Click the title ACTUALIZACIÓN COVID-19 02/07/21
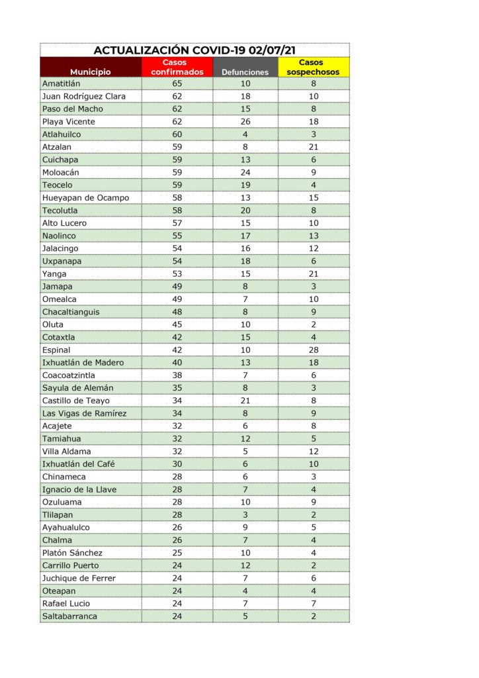(194, 50)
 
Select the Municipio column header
(91, 72)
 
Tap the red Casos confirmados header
(177, 67)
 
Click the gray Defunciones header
(245, 72)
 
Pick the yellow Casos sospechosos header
(313, 67)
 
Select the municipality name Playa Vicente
(69, 122)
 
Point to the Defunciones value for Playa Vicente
(245, 122)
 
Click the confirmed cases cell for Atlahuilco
(177, 134)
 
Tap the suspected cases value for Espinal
(314, 350)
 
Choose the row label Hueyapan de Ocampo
(85, 198)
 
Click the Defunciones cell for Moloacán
(245, 172)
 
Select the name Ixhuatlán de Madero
(83, 363)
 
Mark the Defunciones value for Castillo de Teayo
(245, 401)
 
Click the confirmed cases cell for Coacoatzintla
(177, 375)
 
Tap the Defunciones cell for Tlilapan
(245, 514)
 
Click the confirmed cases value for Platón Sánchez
(177, 553)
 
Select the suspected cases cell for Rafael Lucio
(314, 603)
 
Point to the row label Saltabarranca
(69, 616)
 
